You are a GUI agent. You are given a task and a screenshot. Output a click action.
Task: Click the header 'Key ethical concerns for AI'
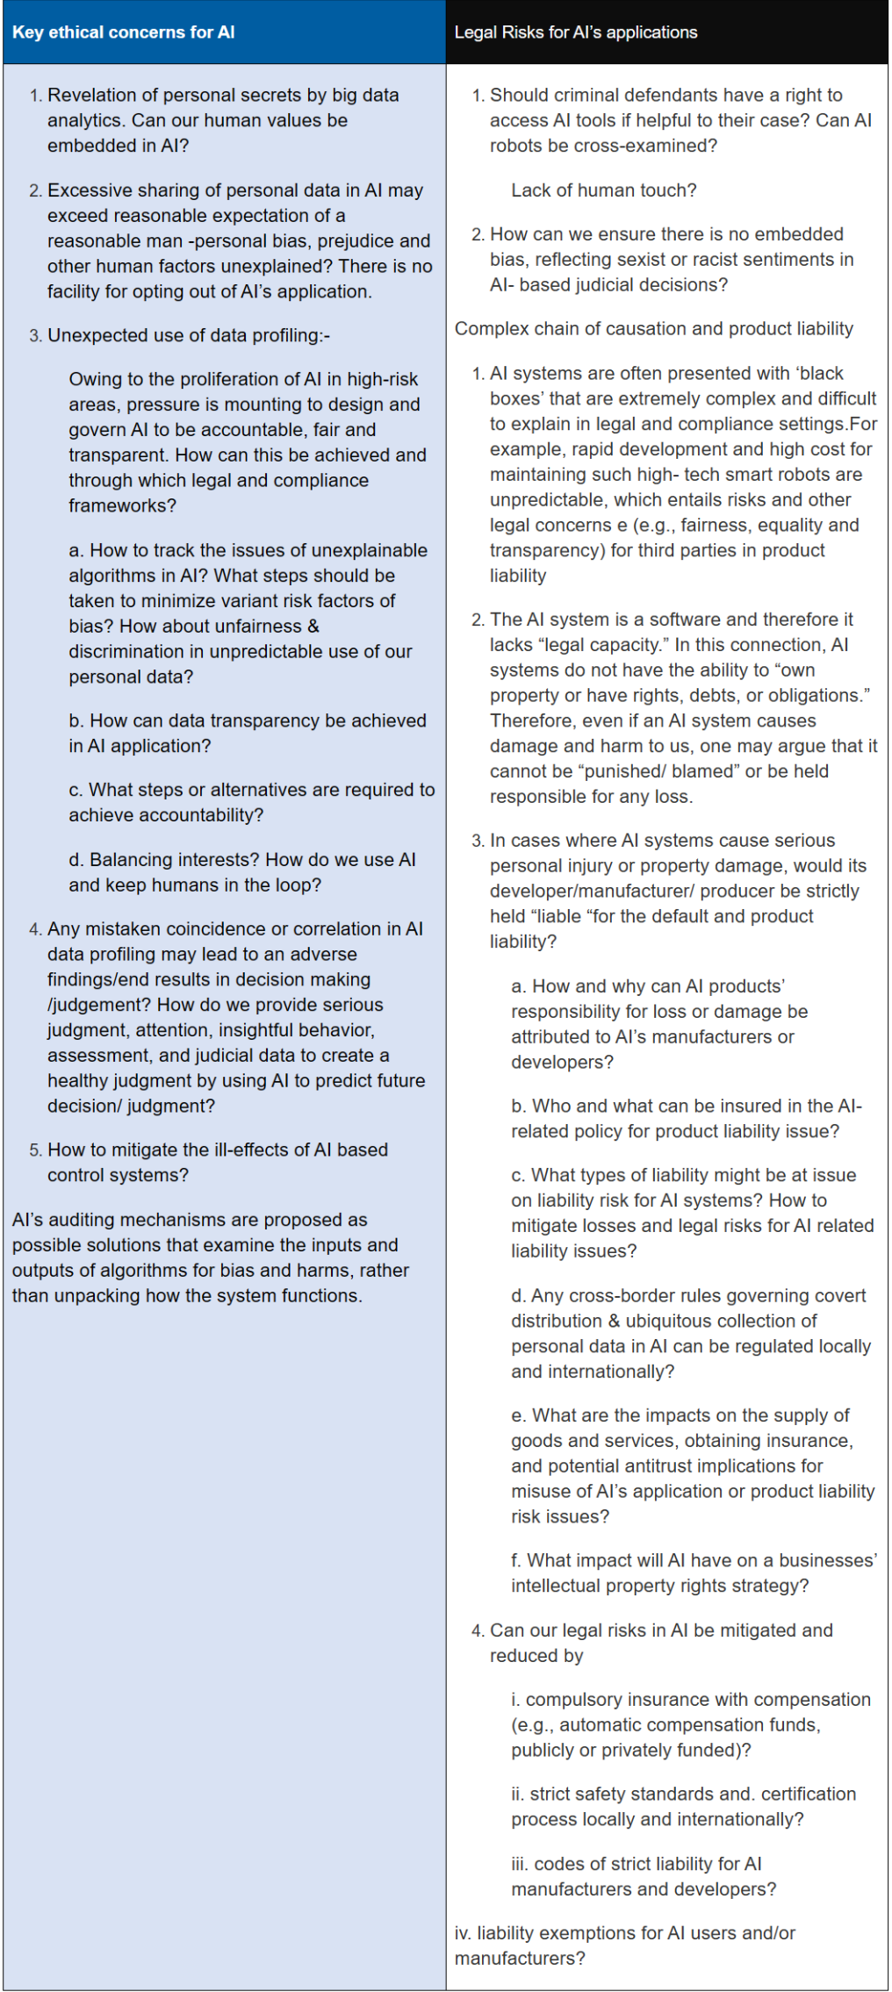[124, 32]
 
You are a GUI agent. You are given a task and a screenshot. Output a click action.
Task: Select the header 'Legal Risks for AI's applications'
[575, 32]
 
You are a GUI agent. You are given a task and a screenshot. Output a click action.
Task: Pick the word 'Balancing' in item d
[128, 860]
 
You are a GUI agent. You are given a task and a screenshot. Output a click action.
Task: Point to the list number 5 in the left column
[35, 1150]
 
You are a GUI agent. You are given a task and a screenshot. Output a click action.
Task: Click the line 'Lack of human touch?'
[603, 190]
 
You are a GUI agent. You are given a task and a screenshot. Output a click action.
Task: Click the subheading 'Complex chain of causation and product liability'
[653, 329]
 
